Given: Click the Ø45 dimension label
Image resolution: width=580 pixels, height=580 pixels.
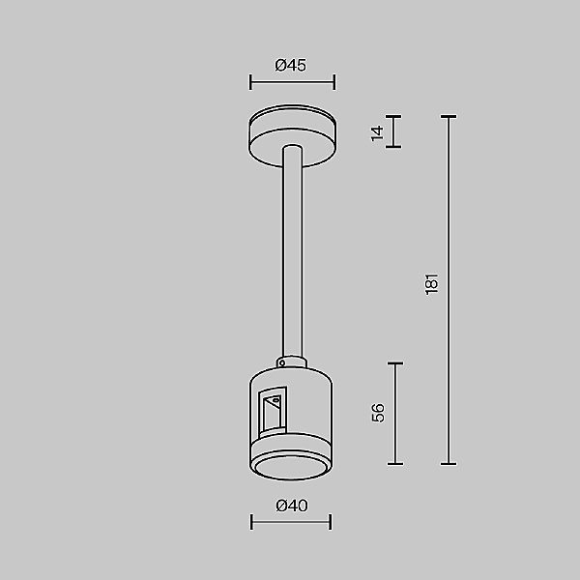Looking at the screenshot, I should [x=290, y=66].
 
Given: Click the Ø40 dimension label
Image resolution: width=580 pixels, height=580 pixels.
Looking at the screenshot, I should [x=290, y=506].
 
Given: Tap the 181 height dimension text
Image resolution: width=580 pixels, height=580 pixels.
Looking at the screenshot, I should [x=432, y=283].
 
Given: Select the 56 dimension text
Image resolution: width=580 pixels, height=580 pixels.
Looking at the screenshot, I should [x=378, y=413].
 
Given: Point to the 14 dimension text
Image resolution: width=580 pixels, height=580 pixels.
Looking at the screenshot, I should [x=377, y=132].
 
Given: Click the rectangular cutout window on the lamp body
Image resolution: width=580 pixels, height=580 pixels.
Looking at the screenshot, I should [x=272, y=411].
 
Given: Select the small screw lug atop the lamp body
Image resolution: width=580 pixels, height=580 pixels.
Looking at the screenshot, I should [x=281, y=364].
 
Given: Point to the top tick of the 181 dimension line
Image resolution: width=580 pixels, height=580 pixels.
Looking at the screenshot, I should [x=449, y=117].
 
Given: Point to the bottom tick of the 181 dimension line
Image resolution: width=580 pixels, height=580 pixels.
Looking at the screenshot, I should [x=449, y=464].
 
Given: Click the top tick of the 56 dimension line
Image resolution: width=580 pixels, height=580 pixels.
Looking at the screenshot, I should [x=394, y=363].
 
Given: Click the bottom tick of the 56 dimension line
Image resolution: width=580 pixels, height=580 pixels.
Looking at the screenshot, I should [x=394, y=464].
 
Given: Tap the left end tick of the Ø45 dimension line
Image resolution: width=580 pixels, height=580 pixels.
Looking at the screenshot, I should [x=250, y=82].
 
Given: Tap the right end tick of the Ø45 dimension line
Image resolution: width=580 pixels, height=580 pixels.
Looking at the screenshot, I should [x=334, y=82].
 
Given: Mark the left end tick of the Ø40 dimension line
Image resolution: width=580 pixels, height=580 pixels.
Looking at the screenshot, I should [x=251, y=522].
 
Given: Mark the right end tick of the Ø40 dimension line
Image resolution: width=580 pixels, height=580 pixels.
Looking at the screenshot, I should [x=331, y=522].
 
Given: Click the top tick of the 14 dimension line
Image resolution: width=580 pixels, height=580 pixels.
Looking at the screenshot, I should [x=394, y=117].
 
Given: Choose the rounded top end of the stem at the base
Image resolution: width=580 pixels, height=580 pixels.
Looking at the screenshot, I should [x=291, y=148].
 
